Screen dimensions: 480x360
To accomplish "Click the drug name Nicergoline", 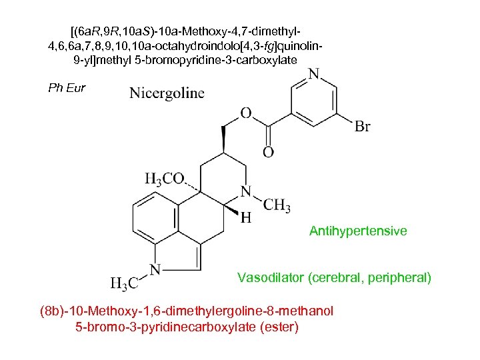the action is [167, 93].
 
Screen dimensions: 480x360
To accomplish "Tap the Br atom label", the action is [363, 127].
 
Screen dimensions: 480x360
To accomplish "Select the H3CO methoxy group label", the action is [164, 179].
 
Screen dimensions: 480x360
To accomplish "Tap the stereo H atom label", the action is [246, 218].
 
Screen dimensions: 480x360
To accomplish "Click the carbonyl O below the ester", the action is [268, 153].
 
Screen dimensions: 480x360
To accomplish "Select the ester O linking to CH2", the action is [246, 113].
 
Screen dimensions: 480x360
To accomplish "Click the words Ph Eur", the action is [67, 88].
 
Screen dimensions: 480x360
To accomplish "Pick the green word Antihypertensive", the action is [358, 231].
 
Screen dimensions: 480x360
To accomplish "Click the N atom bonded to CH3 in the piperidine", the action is [246, 191].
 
